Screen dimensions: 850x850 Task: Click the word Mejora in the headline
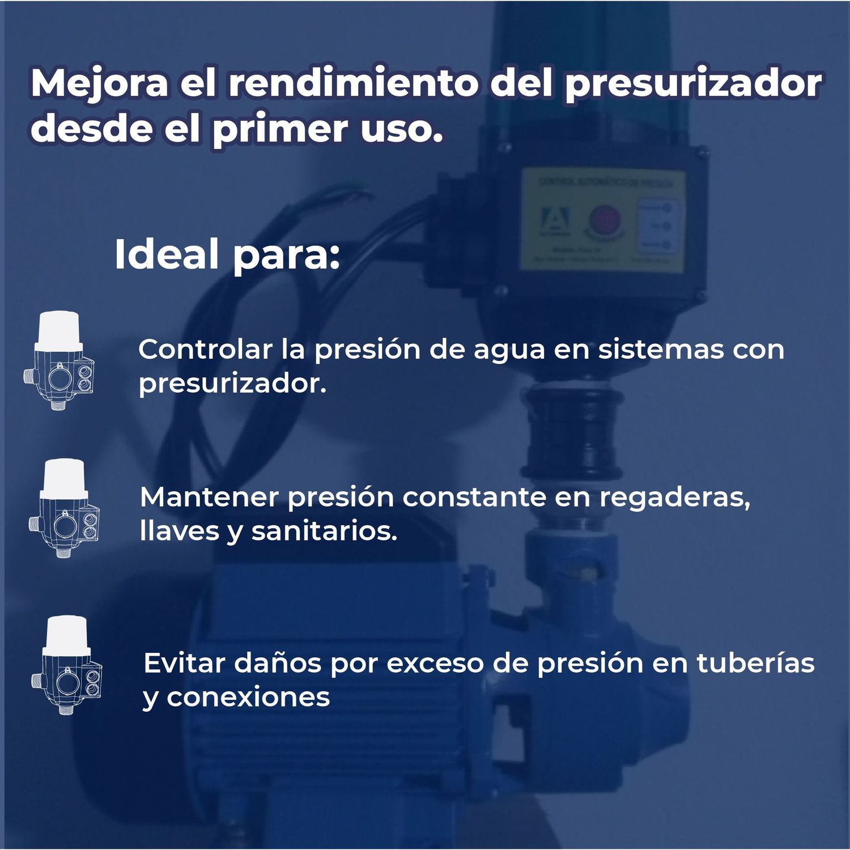coord(100,83)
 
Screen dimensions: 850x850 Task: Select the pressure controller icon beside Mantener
coord(64,508)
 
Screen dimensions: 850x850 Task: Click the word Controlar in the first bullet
coord(205,349)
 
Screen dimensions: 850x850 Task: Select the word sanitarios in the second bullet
coord(324,531)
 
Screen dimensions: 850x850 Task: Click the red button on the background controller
coord(606,219)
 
